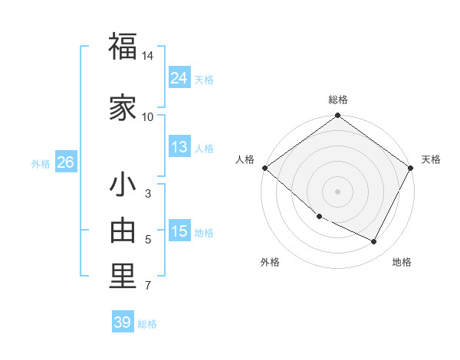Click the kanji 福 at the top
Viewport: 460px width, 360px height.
coord(123,47)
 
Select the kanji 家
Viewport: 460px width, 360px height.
coord(123,108)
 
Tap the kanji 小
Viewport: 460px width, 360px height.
coord(123,186)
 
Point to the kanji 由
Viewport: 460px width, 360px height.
coord(123,231)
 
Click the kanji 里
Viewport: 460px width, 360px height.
coord(123,277)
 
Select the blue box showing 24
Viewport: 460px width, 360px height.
coord(179,78)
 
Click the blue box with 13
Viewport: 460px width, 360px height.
coord(179,147)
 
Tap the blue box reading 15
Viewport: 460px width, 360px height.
coord(179,231)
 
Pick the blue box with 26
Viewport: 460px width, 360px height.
coord(65,162)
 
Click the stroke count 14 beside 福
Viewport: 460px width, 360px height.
coord(148,56)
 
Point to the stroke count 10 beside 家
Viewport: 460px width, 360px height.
coord(148,116)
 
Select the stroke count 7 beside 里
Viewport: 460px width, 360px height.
coord(148,286)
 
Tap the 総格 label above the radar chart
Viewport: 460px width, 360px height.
coord(337,100)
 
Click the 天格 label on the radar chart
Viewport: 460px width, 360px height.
coord(431,159)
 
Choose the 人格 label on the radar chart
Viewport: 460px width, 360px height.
coord(245,159)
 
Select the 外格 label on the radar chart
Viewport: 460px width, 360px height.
coord(270,262)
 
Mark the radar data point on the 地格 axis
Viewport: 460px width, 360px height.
coord(374,242)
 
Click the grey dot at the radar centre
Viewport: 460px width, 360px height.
coord(337,191)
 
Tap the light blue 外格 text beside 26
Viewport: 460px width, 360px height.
coord(40,163)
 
